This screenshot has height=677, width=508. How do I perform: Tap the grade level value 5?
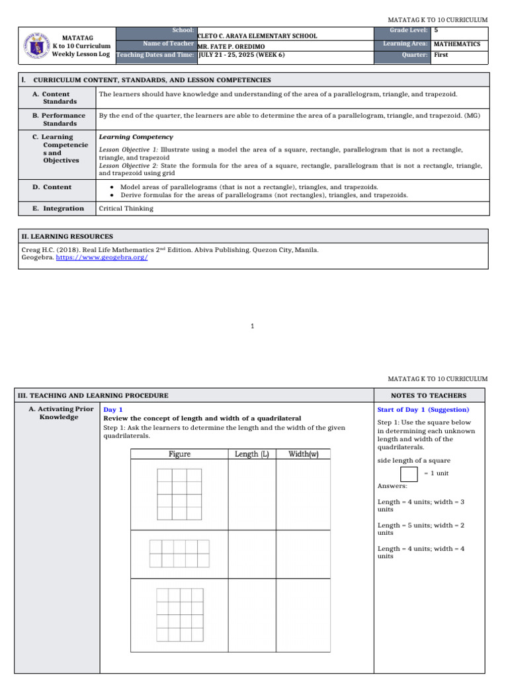pos(436,30)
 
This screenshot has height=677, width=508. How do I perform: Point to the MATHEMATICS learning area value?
pos(456,44)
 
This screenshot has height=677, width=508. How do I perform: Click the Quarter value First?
pos(441,55)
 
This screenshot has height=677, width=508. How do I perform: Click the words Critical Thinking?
pos(126,208)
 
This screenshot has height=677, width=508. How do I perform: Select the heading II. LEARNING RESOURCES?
pos(67,236)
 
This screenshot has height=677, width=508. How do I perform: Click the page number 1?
pos(253,326)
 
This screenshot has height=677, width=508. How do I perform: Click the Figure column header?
pos(179,454)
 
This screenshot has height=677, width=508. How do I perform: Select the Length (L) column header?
pos(251,454)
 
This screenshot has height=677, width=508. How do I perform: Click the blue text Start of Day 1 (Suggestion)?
pos(423,410)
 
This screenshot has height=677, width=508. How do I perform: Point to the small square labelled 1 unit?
pos(409,474)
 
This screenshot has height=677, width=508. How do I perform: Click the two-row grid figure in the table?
pos(179,553)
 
